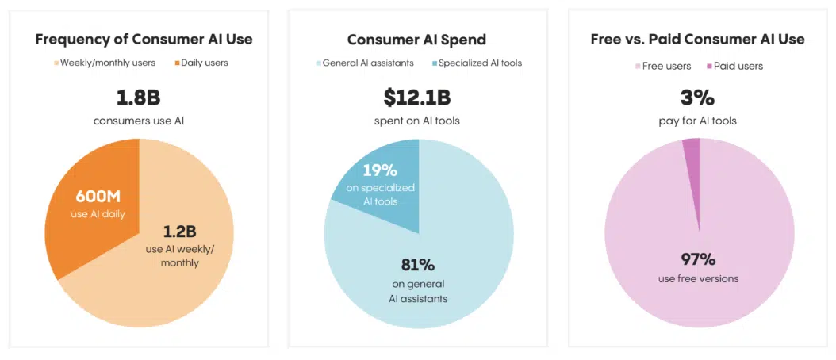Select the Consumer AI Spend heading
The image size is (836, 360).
pyautogui.click(x=418, y=39)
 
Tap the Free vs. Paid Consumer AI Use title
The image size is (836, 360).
pyautogui.click(x=698, y=39)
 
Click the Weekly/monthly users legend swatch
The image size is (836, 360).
pyautogui.click(x=57, y=63)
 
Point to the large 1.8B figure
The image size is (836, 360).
pyautogui.click(x=139, y=98)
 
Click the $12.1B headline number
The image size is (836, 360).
pyautogui.click(x=418, y=98)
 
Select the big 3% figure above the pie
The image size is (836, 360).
pyautogui.click(x=698, y=98)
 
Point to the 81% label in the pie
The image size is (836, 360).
pyautogui.click(x=418, y=265)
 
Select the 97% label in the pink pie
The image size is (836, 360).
pyautogui.click(x=698, y=259)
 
